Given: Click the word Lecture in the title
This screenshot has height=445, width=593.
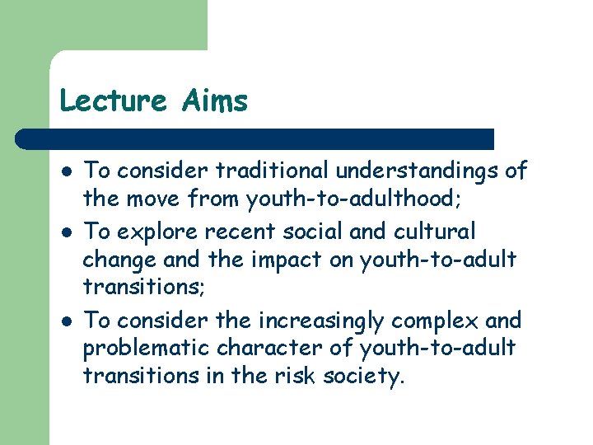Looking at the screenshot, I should click(x=113, y=101).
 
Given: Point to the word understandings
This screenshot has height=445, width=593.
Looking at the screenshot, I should click(x=420, y=171).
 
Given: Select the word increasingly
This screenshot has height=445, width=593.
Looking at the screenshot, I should click(x=330, y=319).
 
